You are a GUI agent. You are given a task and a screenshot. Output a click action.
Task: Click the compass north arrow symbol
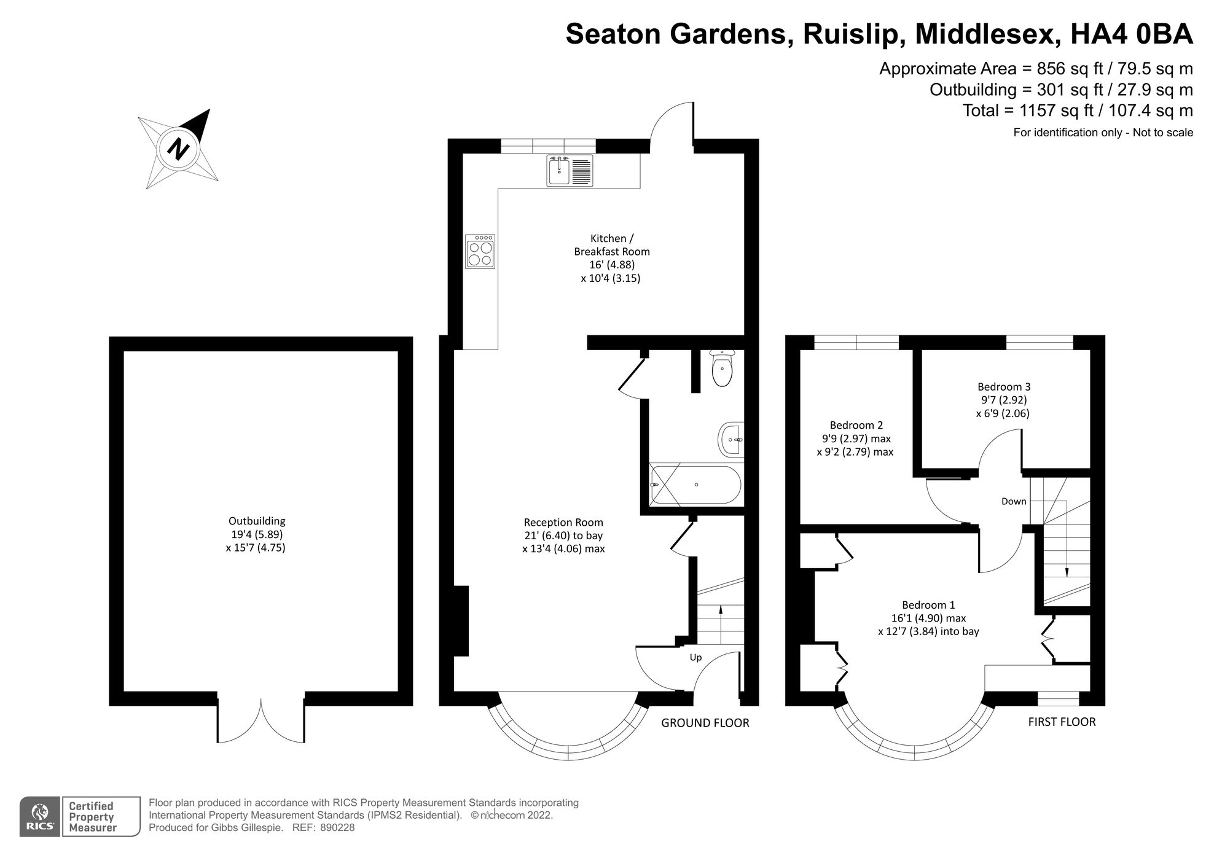click(179, 149)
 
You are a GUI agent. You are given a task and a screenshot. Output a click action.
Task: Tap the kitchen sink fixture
click(570, 170)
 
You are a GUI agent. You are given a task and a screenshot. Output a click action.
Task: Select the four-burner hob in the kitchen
click(480, 252)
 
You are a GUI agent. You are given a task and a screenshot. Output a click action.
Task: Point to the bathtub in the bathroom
click(695, 485)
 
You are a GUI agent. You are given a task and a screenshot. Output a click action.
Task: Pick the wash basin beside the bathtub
click(731, 440)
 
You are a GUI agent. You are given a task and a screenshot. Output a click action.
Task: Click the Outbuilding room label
click(257, 521)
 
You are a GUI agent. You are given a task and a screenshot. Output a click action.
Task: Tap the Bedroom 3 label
click(1004, 387)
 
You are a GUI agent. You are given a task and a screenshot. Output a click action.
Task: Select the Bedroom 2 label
click(856, 425)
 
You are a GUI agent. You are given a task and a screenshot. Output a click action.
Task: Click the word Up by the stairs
click(695, 657)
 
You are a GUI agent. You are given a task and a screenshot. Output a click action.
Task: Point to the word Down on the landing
click(1014, 501)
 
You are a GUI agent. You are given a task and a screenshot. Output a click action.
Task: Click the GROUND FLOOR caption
click(705, 723)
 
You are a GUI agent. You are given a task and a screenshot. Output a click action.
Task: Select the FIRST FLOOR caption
click(1062, 722)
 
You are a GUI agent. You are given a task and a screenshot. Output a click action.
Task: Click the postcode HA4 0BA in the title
click(1131, 34)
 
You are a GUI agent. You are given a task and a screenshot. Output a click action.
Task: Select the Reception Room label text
click(563, 522)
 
